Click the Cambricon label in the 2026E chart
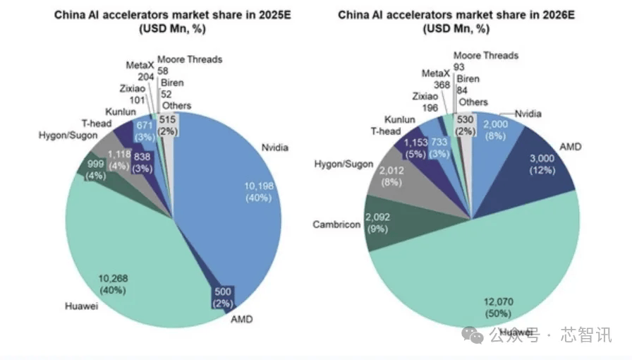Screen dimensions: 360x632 point(337,224)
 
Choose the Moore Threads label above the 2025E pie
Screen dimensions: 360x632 point(189,59)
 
